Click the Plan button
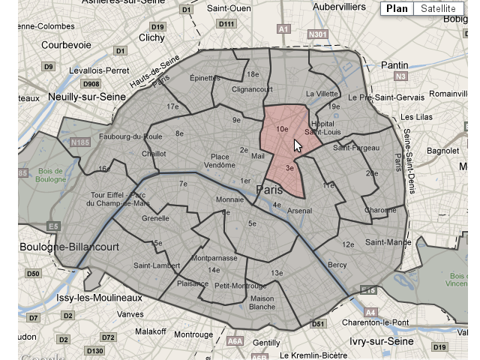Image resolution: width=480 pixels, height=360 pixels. point(397,9)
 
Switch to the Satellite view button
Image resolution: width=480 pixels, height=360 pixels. point(438,9)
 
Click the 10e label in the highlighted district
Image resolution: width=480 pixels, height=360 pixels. point(282,130)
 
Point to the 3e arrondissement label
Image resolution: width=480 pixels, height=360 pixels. point(290,169)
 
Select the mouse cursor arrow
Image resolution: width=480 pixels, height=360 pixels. point(298,145)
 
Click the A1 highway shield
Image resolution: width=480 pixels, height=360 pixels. point(283,29)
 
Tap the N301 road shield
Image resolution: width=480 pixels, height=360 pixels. point(318,34)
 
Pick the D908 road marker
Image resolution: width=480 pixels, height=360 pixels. point(91,83)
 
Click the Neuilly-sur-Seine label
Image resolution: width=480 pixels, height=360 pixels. point(80,97)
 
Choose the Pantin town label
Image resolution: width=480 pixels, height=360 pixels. point(394,65)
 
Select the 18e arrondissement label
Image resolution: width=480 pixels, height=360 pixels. point(253,74)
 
